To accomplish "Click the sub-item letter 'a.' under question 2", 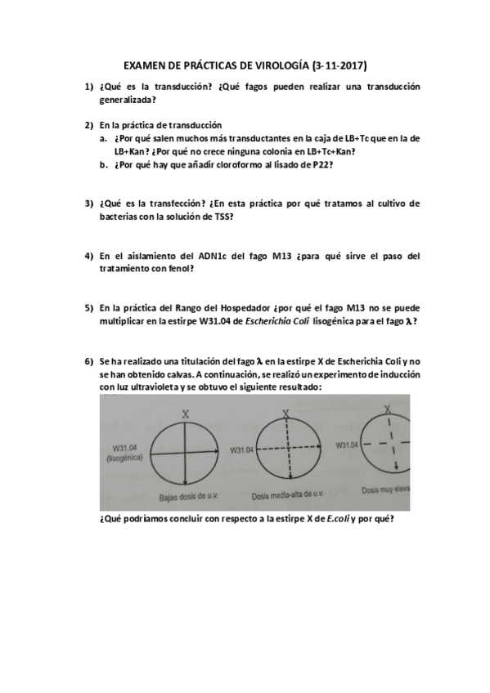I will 104,138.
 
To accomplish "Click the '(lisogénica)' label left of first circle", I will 124,458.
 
